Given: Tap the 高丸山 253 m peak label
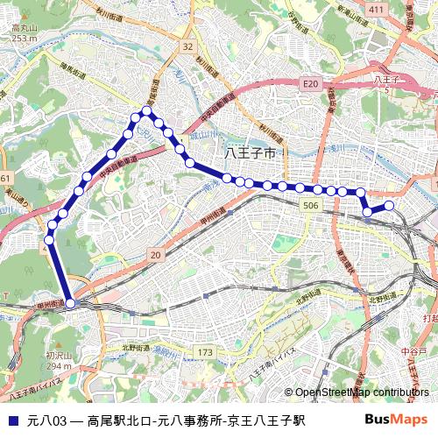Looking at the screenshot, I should tap(24, 33).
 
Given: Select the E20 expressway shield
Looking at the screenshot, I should tap(309, 83).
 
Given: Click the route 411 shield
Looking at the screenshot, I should tap(377, 9).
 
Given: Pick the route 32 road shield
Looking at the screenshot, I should tap(187, 46).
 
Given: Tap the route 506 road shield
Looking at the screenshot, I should tap(310, 204).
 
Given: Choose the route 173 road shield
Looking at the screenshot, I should tap(204, 352).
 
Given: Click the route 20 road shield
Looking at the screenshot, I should tap(155, 255).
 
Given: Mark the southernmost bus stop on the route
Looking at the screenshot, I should tap(70, 303).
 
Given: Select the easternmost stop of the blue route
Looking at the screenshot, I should tap(389, 206).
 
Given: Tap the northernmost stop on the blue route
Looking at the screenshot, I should tap(147, 111).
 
